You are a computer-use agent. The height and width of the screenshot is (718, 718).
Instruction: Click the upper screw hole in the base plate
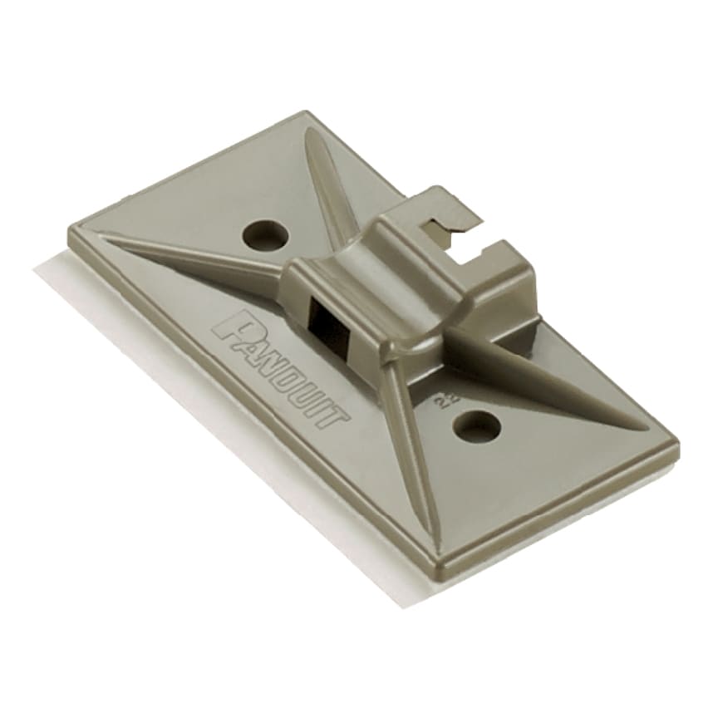click(265, 234)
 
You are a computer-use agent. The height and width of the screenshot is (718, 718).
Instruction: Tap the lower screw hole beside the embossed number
click(479, 427)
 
